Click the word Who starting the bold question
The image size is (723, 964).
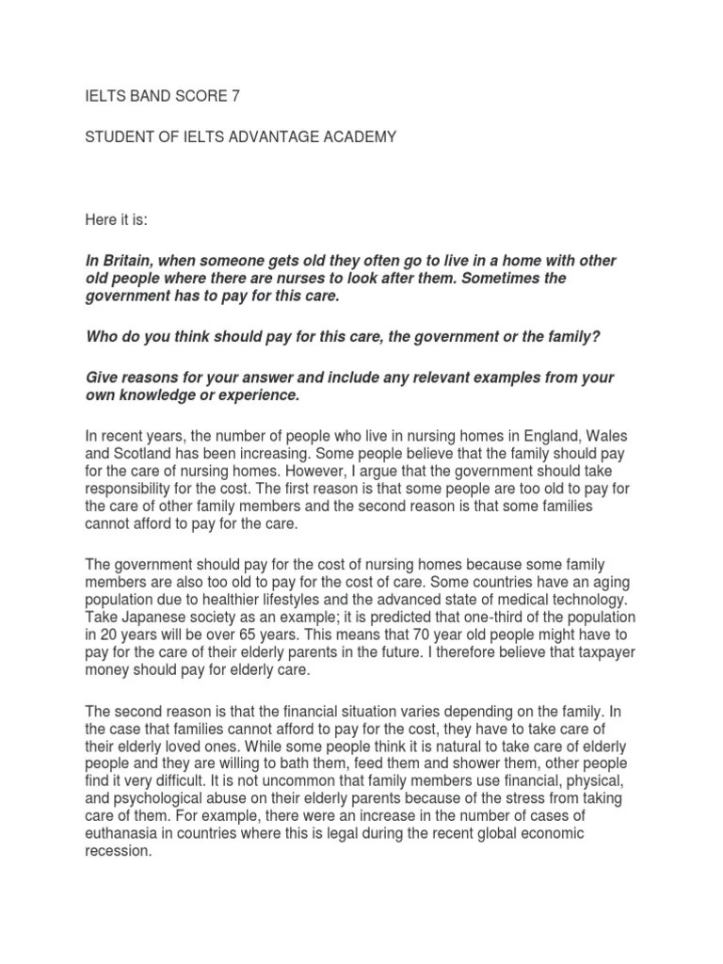coord(101,338)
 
